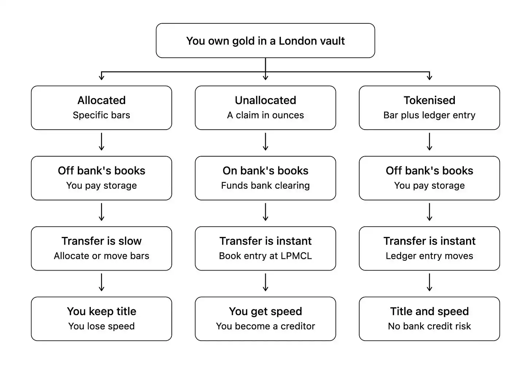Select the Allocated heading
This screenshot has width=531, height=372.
pyautogui.click(x=101, y=100)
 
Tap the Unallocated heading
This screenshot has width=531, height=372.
pyautogui.click(x=265, y=100)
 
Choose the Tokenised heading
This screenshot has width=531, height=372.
pyautogui.click(x=429, y=100)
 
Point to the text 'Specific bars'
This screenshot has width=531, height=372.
pyautogui.click(x=101, y=115)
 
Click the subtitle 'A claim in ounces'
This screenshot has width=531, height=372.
pyautogui.click(x=265, y=115)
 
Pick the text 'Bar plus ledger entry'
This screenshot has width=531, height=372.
pyautogui.click(x=429, y=115)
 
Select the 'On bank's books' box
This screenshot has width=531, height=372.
pyautogui.click(x=265, y=178)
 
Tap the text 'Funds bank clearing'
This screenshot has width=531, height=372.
pyautogui.click(x=265, y=185)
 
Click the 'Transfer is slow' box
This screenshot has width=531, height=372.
pyautogui.click(x=101, y=248)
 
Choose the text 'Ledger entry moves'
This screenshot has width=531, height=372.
pyautogui.click(x=429, y=256)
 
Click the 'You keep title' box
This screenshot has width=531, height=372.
pyautogui.click(x=101, y=319)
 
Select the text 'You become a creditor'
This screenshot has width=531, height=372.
pyautogui.click(x=265, y=326)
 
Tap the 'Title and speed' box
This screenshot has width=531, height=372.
pyautogui.click(x=429, y=319)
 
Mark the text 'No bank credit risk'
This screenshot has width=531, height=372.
pyautogui.click(x=429, y=326)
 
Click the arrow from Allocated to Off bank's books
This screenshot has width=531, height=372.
pyautogui.click(x=101, y=142)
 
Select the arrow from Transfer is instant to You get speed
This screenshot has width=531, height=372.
pyautogui.click(x=265, y=282)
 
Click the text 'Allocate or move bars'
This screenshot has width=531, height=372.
pyautogui.click(x=101, y=256)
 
